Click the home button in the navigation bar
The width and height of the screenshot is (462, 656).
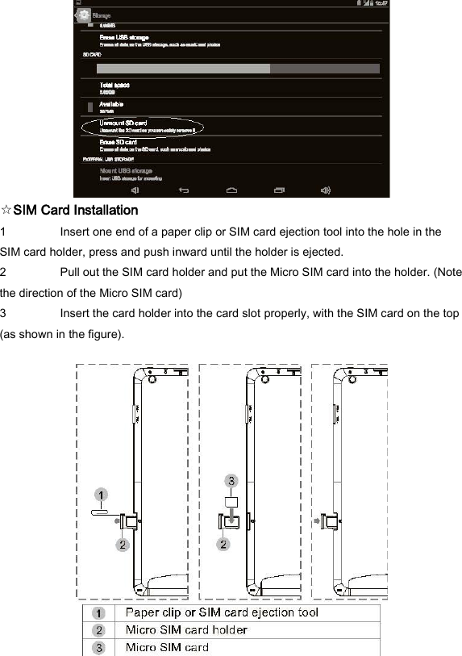point(231,190)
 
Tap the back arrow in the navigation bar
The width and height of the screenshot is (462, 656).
point(184,190)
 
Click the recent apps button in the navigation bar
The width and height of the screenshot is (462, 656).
point(279,190)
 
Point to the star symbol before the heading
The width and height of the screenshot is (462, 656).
point(6,211)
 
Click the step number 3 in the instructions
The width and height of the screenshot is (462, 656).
point(4,313)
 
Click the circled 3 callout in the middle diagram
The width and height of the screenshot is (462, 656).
point(231,481)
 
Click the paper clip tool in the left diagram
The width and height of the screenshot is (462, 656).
point(98,510)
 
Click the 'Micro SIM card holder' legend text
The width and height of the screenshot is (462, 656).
point(186,629)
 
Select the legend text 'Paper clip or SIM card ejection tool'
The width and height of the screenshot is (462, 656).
point(222,612)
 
